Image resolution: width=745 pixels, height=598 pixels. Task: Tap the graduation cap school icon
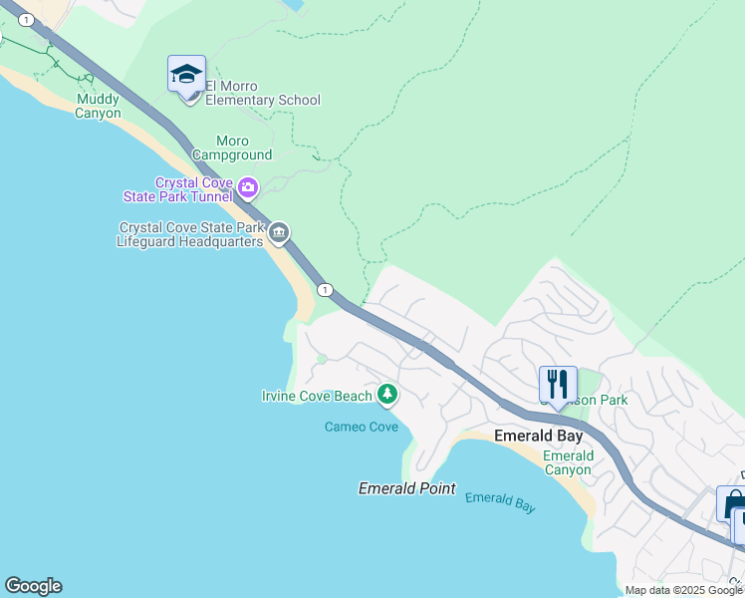[x=186, y=76]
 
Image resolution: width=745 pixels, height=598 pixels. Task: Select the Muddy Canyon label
[x=99, y=106]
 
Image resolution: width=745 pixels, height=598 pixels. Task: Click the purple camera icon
[x=247, y=186]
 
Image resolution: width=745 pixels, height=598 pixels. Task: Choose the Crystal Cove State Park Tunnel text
[x=193, y=189]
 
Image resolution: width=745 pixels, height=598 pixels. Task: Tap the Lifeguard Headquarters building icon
[x=279, y=234]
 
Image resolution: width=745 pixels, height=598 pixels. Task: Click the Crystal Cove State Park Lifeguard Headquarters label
[x=189, y=234]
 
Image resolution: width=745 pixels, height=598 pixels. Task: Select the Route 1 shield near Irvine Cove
[x=325, y=289]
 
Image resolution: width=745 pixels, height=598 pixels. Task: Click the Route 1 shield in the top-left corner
[x=26, y=20]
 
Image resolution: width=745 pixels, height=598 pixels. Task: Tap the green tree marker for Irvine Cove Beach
[x=386, y=396]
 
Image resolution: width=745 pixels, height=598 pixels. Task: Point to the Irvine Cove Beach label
[x=316, y=396]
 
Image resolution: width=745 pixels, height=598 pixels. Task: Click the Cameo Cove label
[x=361, y=427]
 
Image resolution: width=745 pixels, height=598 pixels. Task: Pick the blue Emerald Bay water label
[x=500, y=502]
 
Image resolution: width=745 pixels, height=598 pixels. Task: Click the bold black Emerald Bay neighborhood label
[x=535, y=436]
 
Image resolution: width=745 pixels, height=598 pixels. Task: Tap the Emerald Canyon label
[x=568, y=462]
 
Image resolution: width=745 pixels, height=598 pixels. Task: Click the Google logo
[x=33, y=586]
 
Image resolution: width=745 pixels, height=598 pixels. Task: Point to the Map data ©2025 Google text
[x=684, y=590]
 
